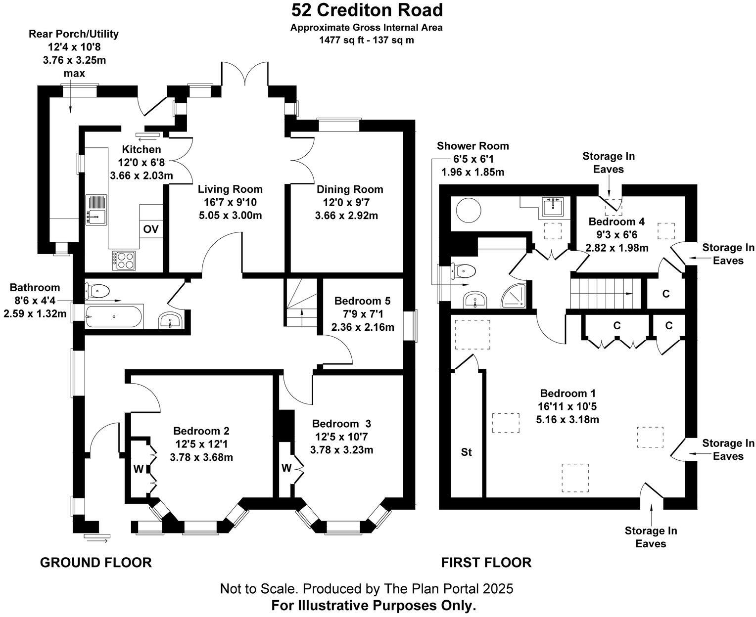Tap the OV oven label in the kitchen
pyautogui.click(x=151, y=229)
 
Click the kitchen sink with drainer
pyautogui.click(x=96, y=210)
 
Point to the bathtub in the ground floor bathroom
pyautogui.click(x=114, y=316)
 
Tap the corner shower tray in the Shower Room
pyautogui.click(x=515, y=297)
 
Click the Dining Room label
pyautogui.click(x=350, y=189)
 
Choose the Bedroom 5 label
pyautogui.click(x=362, y=301)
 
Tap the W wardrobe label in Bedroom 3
pyautogui.click(x=286, y=467)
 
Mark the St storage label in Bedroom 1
pyautogui.click(x=466, y=452)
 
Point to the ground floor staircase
pyautogui.click(x=300, y=302)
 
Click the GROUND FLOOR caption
pyautogui.click(x=95, y=562)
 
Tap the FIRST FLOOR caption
pyautogui.click(x=486, y=562)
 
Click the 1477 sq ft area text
pyautogui.click(x=366, y=40)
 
